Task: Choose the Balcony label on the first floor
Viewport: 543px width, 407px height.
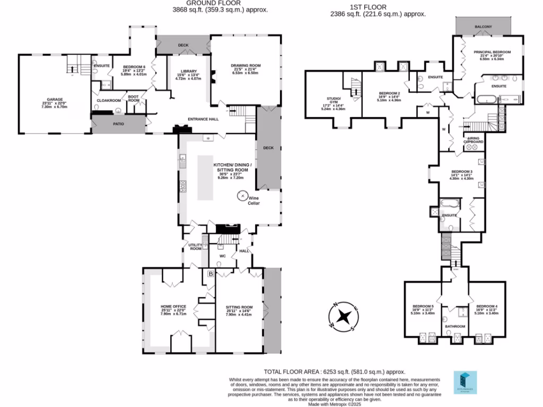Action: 483,26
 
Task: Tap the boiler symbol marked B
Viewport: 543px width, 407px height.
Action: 211,274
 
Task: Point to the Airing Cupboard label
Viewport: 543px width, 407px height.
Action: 474,140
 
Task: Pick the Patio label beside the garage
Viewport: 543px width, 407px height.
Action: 118,125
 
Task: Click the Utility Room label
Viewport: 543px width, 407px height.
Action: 196,246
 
